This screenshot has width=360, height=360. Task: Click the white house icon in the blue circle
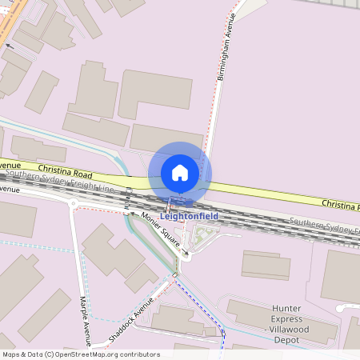coord(180,172)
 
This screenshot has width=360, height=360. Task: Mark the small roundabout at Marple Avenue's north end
coord(73,203)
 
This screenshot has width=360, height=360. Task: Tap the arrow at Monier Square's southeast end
coord(186,254)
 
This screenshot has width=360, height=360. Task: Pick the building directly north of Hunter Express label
coord(266,265)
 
